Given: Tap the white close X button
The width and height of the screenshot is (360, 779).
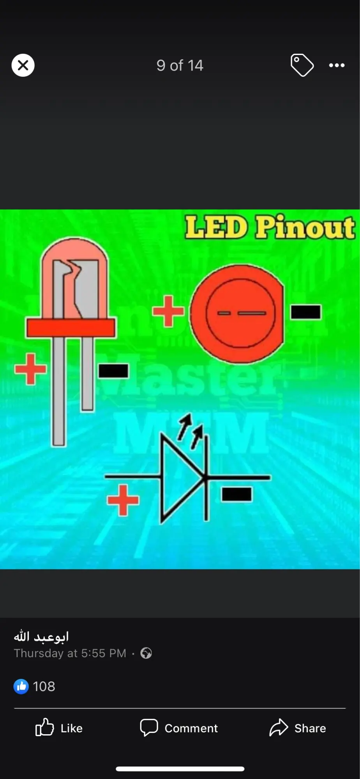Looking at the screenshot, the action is click(x=23, y=65).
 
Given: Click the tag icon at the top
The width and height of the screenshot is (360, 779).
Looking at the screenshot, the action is click(x=302, y=65).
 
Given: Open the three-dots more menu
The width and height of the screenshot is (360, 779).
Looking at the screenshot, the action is click(x=337, y=65).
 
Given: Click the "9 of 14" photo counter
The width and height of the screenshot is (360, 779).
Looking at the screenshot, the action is click(x=180, y=65).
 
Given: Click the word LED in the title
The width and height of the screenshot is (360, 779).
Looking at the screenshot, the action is click(x=216, y=227).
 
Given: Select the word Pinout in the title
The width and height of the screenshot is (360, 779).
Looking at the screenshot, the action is click(x=305, y=227).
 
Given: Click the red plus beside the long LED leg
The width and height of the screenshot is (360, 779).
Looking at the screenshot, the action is click(x=30, y=369).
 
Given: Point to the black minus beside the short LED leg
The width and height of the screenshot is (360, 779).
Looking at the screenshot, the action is click(x=113, y=371).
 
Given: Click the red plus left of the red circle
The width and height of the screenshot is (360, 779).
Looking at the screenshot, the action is click(x=168, y=311).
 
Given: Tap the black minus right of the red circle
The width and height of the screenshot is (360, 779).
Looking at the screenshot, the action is click(x=306, y=312).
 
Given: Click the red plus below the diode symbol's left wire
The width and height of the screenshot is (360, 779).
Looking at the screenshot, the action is click(x=123, y=500).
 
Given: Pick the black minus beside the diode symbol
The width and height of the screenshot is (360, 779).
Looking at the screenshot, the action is click(x=236, y=494).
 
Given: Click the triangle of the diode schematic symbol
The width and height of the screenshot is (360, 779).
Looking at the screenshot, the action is click(x=179, y=477).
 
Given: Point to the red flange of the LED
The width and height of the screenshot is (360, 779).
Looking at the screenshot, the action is click(x=71, y=328).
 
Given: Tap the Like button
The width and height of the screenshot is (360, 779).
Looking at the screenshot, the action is click(x=59, y=728).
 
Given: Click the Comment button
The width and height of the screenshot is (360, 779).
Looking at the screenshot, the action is click(x=179, y=728).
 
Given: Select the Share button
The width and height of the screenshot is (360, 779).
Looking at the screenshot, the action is click(x=298, y=728).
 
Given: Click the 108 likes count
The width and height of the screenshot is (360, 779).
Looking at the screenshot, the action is click(x=44, y=686).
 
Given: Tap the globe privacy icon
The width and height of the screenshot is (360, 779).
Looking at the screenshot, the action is click(x=146, y=653).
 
